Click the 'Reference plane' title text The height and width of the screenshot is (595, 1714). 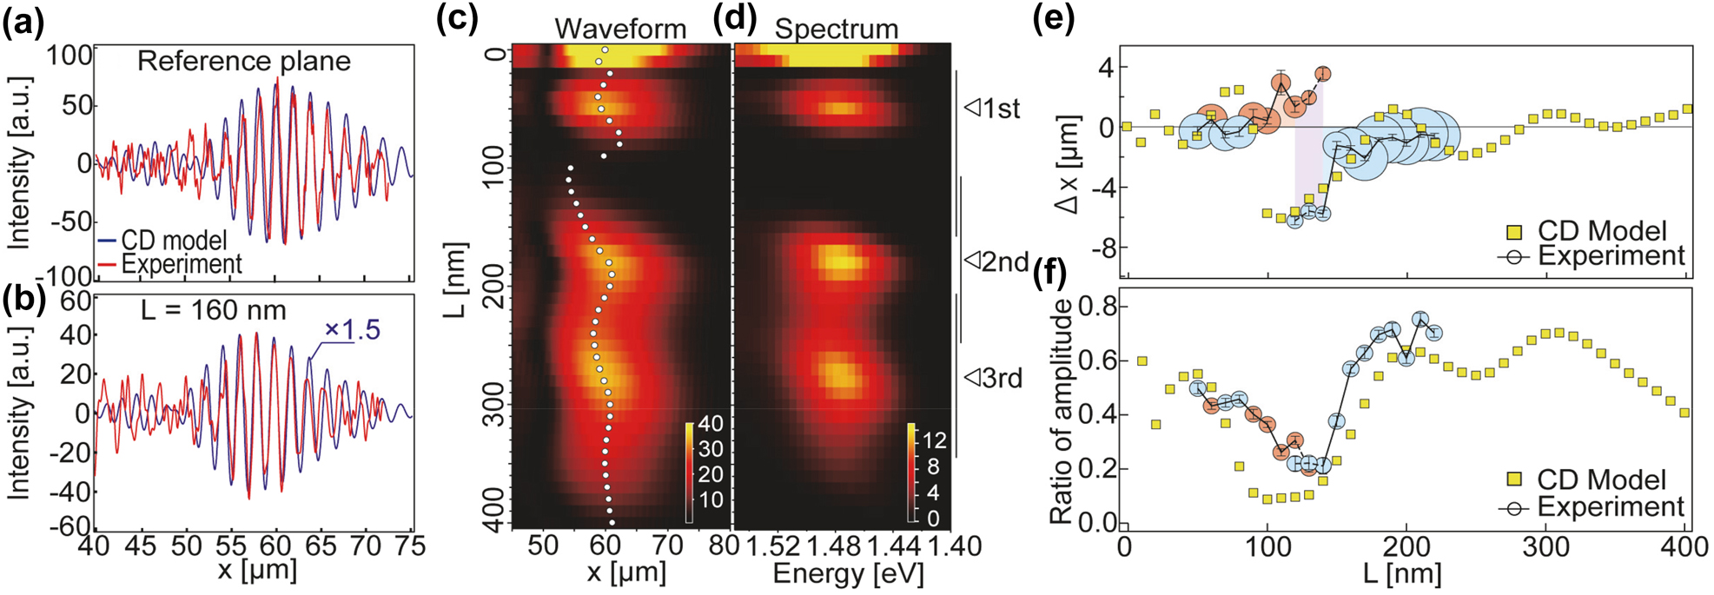click(x=244, y=62)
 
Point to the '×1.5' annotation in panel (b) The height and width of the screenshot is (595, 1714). click(x=352, y=330)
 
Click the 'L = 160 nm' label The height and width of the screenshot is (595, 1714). click(x=214, y=310)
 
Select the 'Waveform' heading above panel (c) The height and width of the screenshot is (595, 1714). click(x=620, y=28)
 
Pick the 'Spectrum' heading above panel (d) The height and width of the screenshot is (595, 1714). click(x=836, y=28)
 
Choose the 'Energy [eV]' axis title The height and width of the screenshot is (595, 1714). click(x=848, y=574)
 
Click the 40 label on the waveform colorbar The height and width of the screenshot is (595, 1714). click(x=710, y=424)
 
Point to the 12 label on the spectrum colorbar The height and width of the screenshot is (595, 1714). click(x=935, y=440)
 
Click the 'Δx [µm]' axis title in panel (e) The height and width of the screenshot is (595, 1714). click(x=1069, y=164)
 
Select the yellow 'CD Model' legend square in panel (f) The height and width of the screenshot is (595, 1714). click(x=1514, y=480)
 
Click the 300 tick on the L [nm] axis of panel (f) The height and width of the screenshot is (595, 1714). click(x=1546, y=547)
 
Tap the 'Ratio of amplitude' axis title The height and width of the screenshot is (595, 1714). click(x=1062, y=413)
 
